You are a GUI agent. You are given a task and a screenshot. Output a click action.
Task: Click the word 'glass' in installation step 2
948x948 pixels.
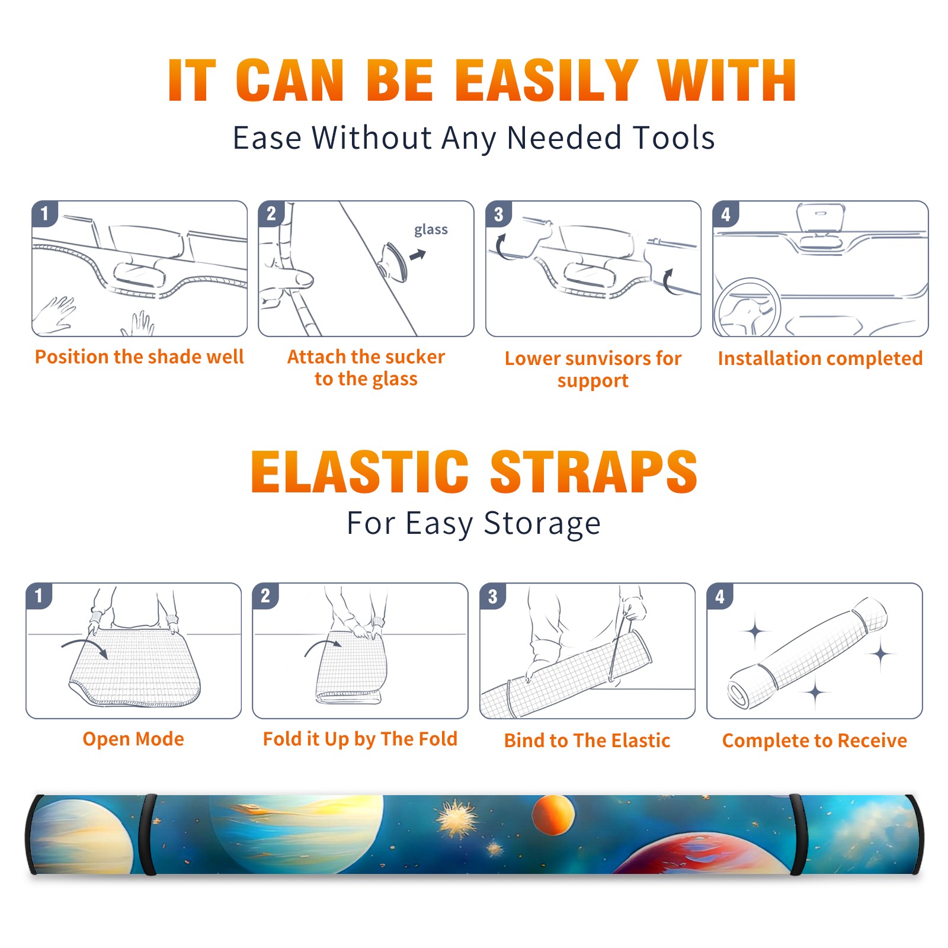click(431, 230)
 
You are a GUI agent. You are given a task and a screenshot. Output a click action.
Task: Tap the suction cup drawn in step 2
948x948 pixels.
click(393, 261)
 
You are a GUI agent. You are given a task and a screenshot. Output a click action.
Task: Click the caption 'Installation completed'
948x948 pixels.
click(820, 358)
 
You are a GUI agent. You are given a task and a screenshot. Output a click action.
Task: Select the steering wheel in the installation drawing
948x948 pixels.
click(747, 308)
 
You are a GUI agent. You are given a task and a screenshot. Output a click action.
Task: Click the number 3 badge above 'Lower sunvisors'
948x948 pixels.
click(498, 214)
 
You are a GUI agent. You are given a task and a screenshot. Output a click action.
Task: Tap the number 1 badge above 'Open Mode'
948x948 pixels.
click(39, 595)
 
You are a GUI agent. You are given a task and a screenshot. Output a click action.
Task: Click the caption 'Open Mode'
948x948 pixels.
click(133, 739)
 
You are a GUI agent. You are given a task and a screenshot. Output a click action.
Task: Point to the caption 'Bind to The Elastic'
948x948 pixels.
click(587, 740)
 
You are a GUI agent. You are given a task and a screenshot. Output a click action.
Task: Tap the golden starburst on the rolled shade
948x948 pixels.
click(456, 819)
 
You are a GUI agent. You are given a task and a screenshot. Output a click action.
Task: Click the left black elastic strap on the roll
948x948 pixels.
click(148, 835)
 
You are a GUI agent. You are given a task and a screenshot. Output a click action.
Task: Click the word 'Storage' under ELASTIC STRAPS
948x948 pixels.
click(542, 524)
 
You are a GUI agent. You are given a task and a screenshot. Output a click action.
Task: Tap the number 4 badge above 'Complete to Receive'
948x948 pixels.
click(720, 596)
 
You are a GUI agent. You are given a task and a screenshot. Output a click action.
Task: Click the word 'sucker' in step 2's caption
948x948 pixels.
click(415, 357)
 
